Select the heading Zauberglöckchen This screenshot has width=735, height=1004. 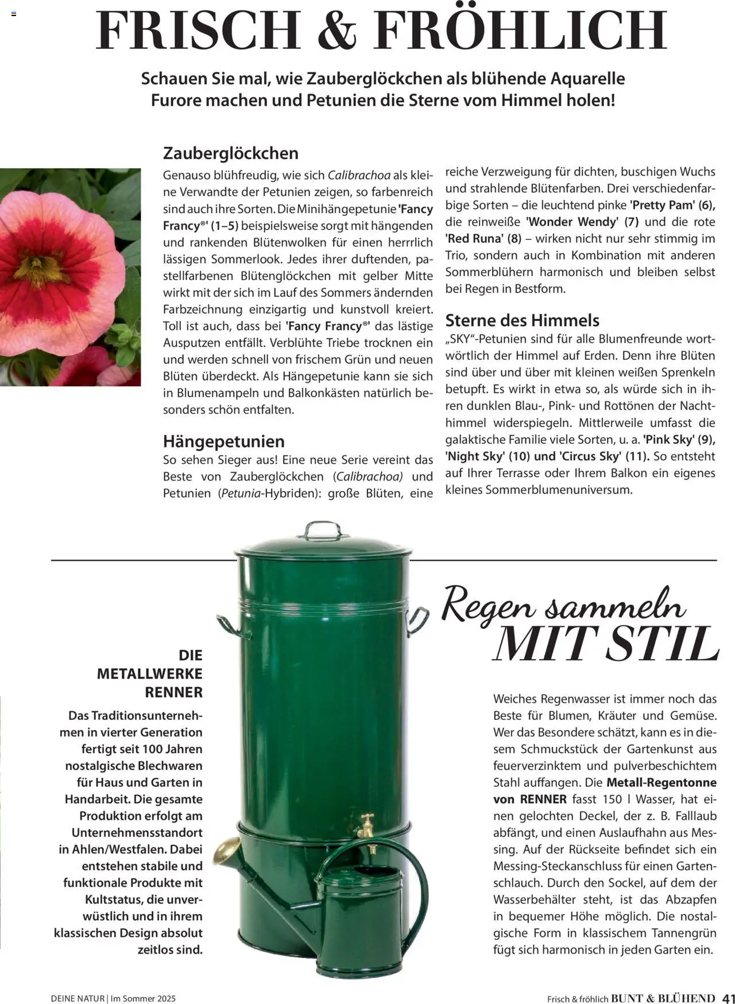(231, 153)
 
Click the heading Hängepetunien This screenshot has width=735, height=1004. (224, 441)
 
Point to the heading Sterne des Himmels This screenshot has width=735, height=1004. (522, 320)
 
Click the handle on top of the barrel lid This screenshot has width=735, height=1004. (322, 529)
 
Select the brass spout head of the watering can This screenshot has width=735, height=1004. (226, 850)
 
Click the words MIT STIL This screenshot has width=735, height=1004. (606, 645)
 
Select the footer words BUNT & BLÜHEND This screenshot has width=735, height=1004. (663, 998)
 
